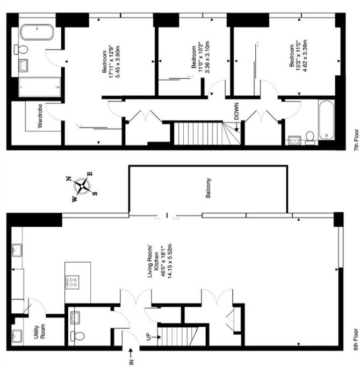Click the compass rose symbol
(82, 186)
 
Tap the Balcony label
(208, 188)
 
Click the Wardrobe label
(40, 116)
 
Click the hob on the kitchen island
(72, 282)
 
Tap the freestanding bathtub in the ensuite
(37, 32)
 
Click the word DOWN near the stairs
(236, 111)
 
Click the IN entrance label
(131, 362)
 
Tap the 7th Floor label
(356, 140)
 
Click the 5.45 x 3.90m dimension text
(118, 61)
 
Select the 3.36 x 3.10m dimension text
(207, 57)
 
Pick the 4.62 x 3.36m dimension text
(305, 56)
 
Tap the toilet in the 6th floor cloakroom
(77, 336)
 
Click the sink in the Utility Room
(17, 336)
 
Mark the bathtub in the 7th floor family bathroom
(326, 120)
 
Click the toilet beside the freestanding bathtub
(21, 49)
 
